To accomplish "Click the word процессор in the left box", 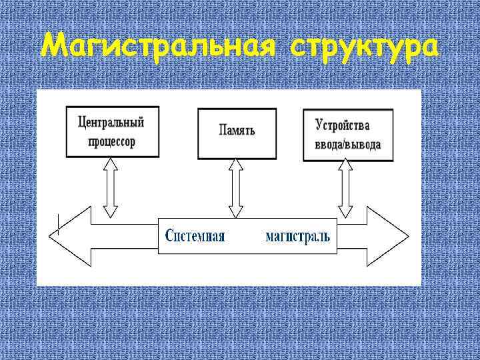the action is pos(111,142).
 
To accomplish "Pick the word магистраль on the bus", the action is pos(297,235).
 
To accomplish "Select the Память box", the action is pos(236,132).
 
